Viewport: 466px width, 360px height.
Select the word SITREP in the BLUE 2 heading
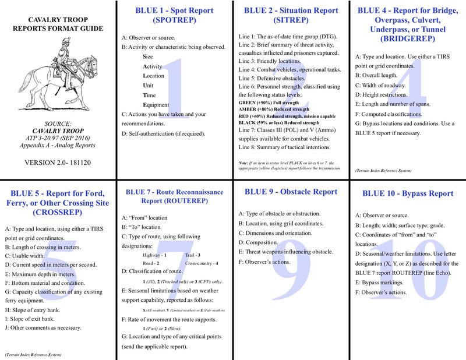tap(292, 22)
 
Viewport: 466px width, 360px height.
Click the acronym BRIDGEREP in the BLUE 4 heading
tap(407, 40)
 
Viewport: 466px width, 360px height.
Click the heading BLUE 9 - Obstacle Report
tap(291, 192)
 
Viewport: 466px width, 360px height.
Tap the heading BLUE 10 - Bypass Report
tap(407, 193)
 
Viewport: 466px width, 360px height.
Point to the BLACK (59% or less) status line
tap(278, 123)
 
